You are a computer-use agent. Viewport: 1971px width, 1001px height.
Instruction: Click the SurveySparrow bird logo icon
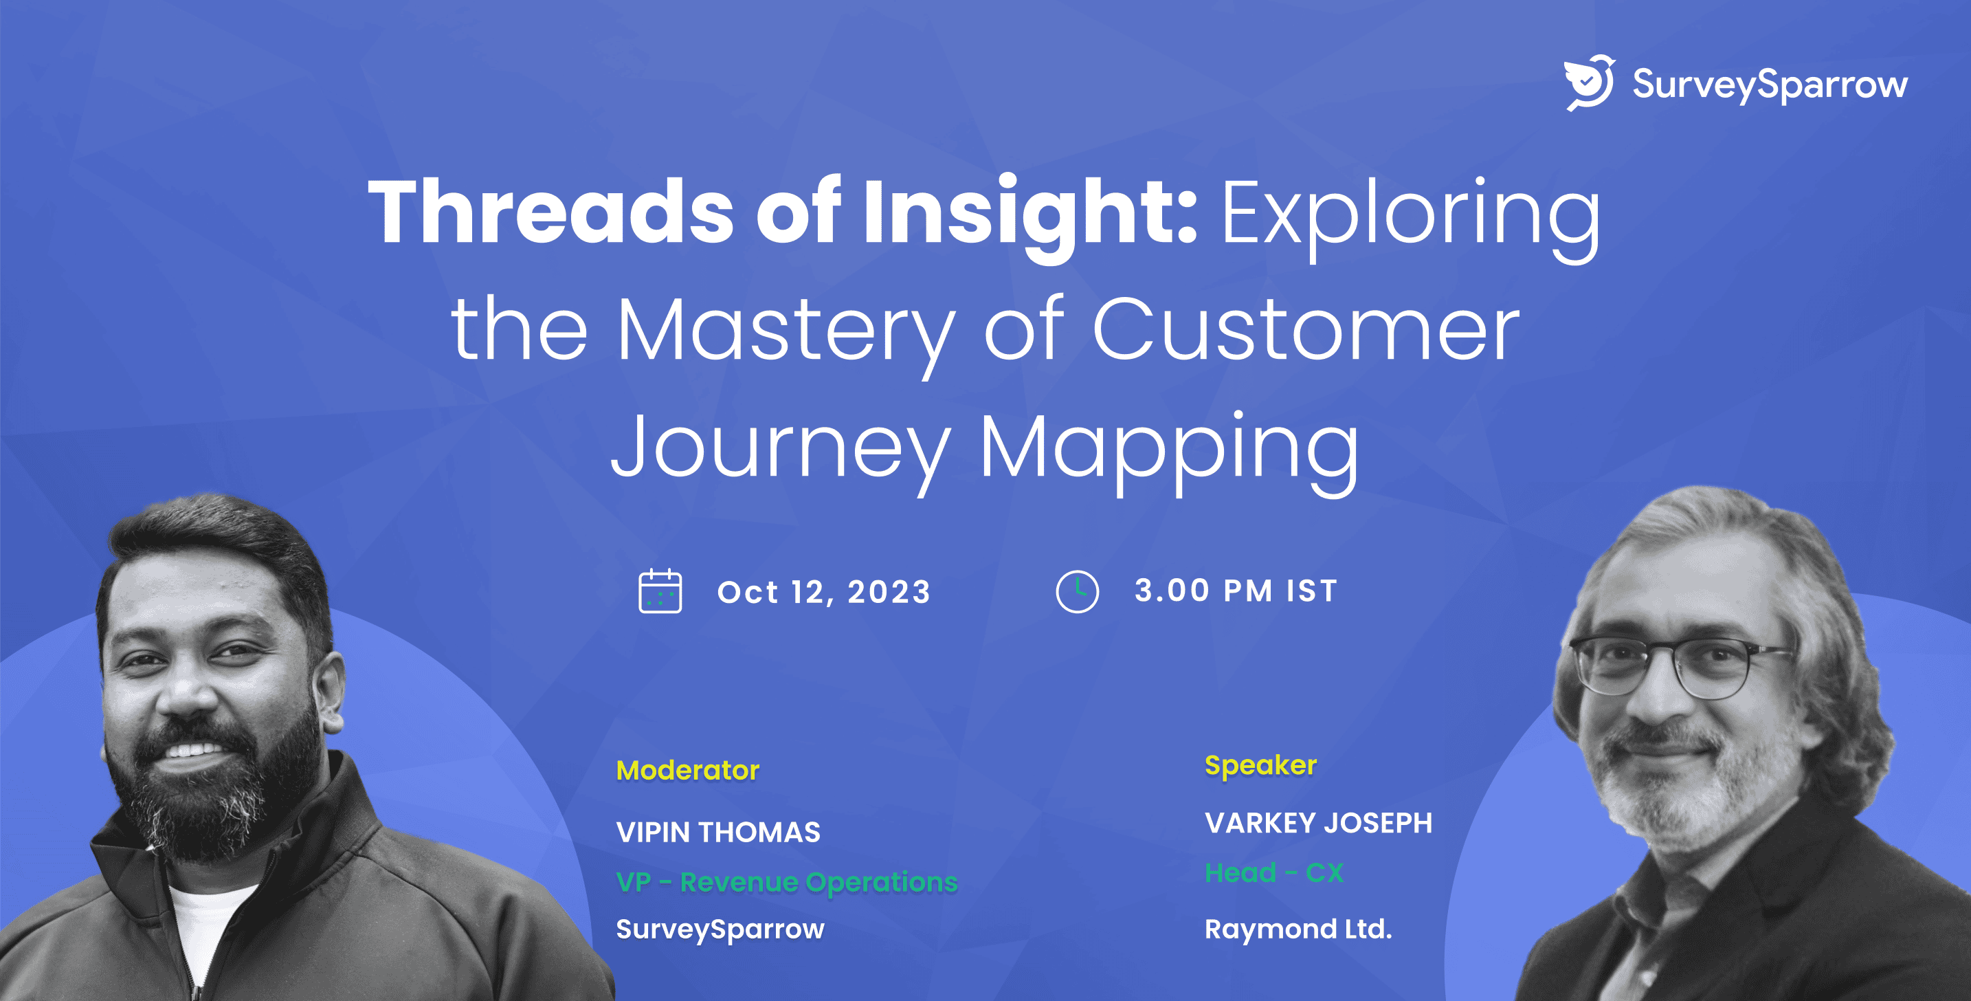coord(1588,82)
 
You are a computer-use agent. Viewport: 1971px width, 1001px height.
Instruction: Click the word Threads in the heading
coord(551,212)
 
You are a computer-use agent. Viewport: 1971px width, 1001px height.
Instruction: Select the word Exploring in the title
coord(1410,214)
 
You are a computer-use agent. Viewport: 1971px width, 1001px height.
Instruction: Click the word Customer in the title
coord(1305,331)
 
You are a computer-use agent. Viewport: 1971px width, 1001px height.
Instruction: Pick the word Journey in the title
coord(781,448)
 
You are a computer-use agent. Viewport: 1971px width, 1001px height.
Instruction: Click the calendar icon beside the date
coord(660,591)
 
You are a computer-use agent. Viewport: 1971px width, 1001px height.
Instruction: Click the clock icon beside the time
coord(1078,591)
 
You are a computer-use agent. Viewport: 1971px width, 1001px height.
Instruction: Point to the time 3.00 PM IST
coord(1236,591)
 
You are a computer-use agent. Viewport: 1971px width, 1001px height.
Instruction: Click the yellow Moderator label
coord(688,770)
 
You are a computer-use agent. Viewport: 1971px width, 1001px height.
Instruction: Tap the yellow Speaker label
coord(1261,765)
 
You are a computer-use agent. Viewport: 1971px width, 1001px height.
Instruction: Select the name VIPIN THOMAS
coord(717,832)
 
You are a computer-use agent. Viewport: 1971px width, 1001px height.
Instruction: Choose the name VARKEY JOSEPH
coord(1318,823)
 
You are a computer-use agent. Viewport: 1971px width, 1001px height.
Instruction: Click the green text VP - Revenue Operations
coord(787,881)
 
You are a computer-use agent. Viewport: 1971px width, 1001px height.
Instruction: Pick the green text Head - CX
coord(1274,872)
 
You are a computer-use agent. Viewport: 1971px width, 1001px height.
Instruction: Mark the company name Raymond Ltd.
coord(1298,929)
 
